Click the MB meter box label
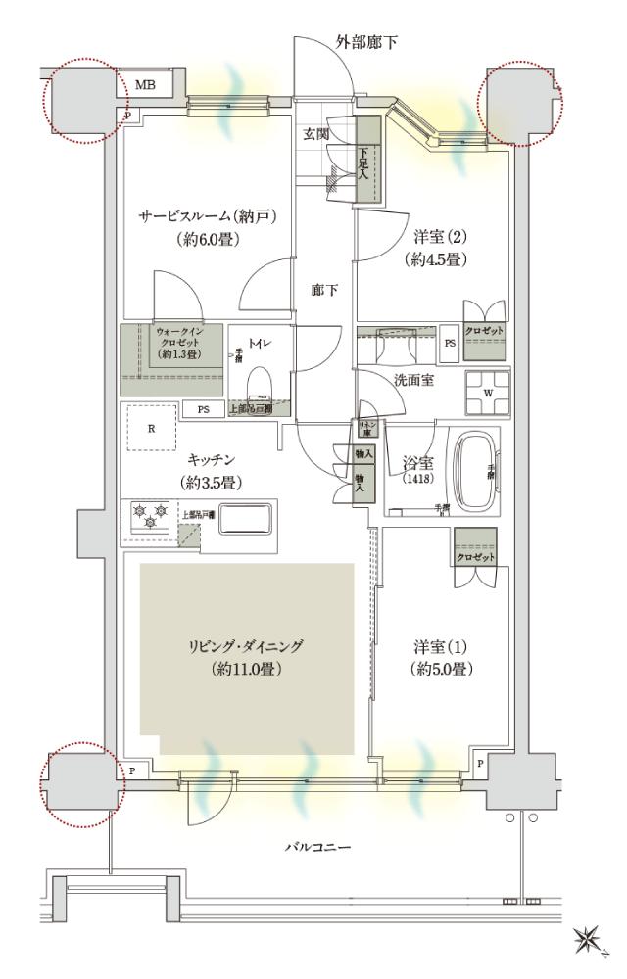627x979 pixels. pyautogui.click(x=145, y=85)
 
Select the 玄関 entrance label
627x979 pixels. pyautogui.click(x=316, y=134)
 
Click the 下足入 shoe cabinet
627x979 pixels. pyautogui.click(x=367, y=160)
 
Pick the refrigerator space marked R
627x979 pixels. pyautogui.click(x=149, y=428)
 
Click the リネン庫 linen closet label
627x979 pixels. pyautogui.click(x=368, y=428)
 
